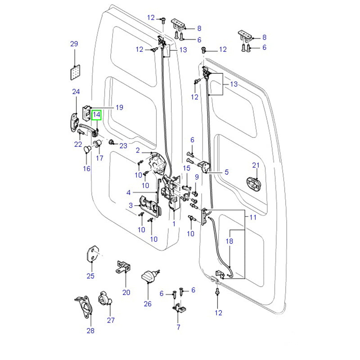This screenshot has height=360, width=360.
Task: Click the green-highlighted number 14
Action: pos(97,115)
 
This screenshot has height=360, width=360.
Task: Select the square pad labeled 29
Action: pos(75,72)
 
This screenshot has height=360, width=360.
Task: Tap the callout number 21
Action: pos(256,166)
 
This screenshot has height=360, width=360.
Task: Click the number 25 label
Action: pos(90,276)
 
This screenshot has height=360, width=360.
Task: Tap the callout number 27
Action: pos(111,320)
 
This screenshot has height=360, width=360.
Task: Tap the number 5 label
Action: pos(226,172)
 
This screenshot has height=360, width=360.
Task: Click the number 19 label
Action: pos(119,108)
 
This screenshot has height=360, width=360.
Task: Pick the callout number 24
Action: pos(76,92)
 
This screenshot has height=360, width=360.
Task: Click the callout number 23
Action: pos(123,145)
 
